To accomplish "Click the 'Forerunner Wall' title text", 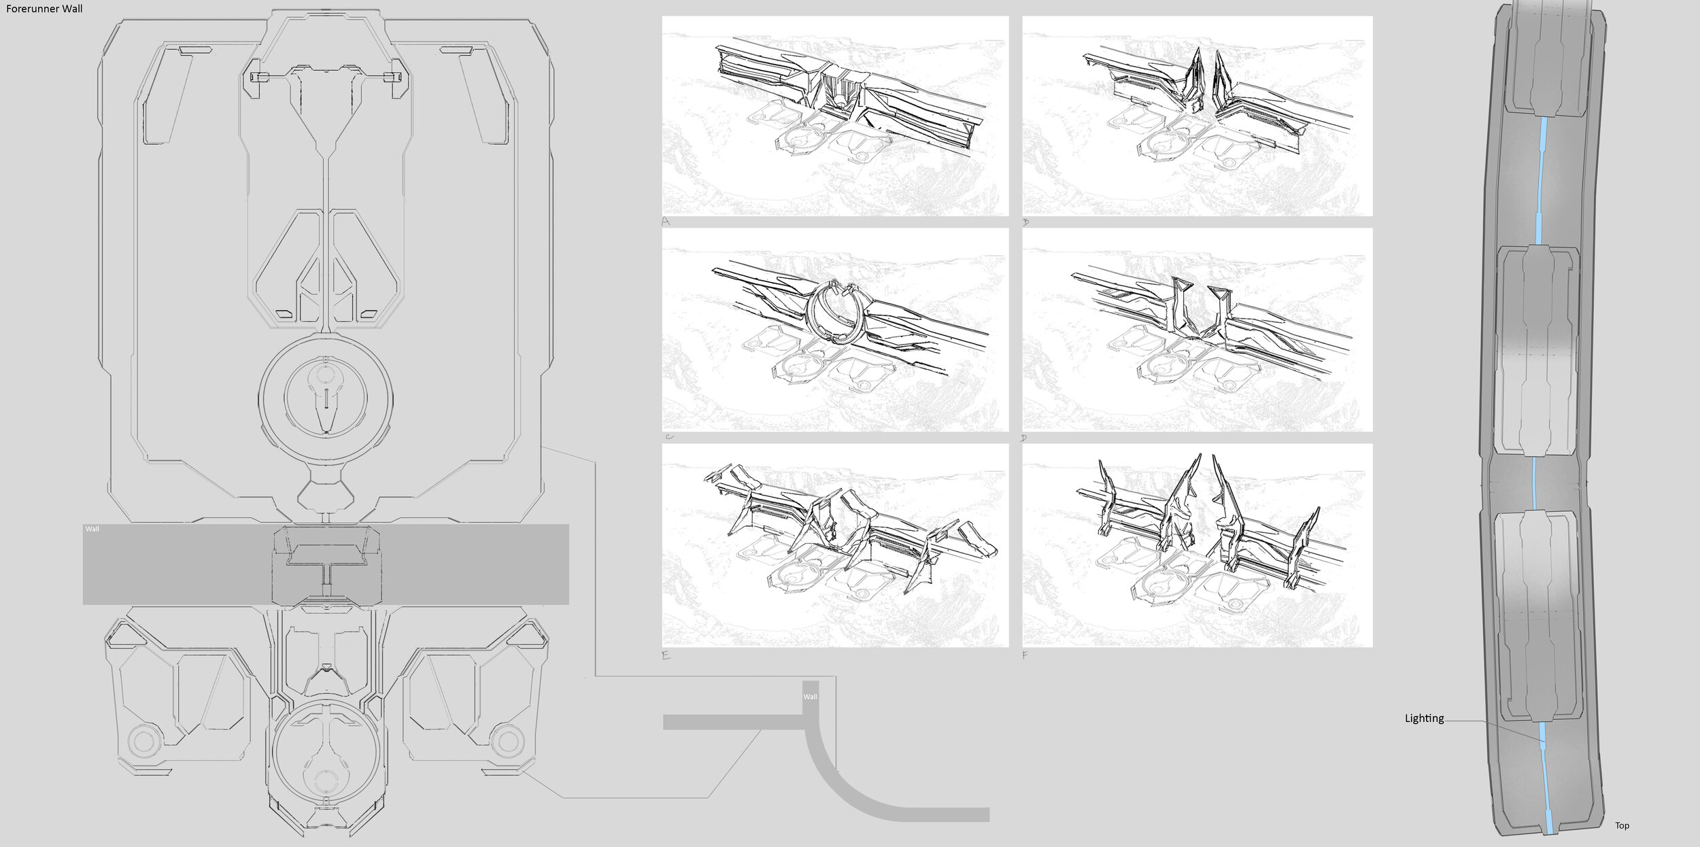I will coord(44,10).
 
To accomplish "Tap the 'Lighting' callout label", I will coord(1424,718).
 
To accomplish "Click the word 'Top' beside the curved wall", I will coord(1622,825).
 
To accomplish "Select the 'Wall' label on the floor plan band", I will coord(92,529).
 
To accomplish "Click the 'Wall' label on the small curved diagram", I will coord(810,697).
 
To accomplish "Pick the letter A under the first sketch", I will coord(666,222).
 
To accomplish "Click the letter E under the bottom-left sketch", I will coord(666,655).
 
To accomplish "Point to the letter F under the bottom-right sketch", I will coord(1025,655).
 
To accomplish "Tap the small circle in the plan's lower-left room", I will coord(142,739).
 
